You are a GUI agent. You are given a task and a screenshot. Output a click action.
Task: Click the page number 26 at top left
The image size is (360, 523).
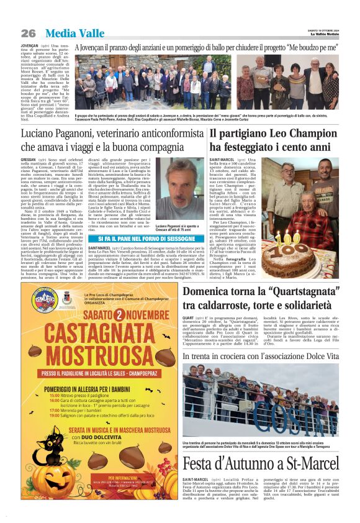click(29, 33)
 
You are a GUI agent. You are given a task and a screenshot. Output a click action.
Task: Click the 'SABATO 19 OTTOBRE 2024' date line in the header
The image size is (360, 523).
click(321, 30)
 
